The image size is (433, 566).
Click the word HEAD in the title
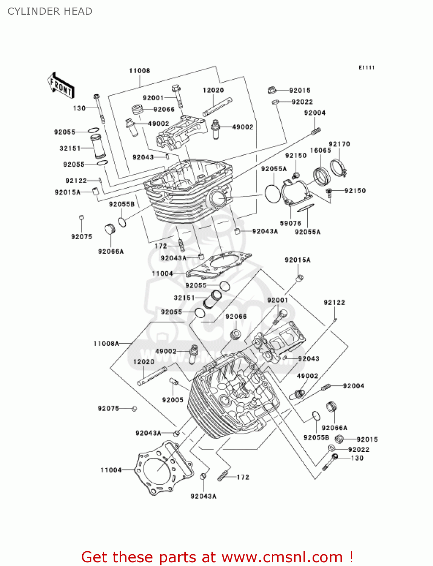pyautogui.click(x=78, y=11)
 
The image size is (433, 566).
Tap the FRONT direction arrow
pyautogui.click(x=61, y=86)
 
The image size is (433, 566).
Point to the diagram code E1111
pyautogui.click(x=366, y=68)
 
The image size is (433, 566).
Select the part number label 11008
pyautogui.click(x=139, y=71)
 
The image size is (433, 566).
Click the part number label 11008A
pyautogui.click(x=106, y=343)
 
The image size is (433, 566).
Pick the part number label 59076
pyautogui.click(x=290, y=223)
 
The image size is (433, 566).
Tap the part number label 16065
pyautogui.click(x=320, y=151)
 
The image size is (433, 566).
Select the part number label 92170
pyautogui.click(x=339, y=144)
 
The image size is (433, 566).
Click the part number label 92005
pyautogui.click(x=173, y=400)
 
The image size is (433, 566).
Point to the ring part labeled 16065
pyautogui.click(x=322, y=176)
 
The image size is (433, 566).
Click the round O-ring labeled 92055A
pyautogui.click(x=273, y=193)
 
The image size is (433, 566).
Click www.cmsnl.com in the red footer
pyautogui.click(x=282, y=557)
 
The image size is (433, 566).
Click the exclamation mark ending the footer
pyautogui.click(x=351, y=557)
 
